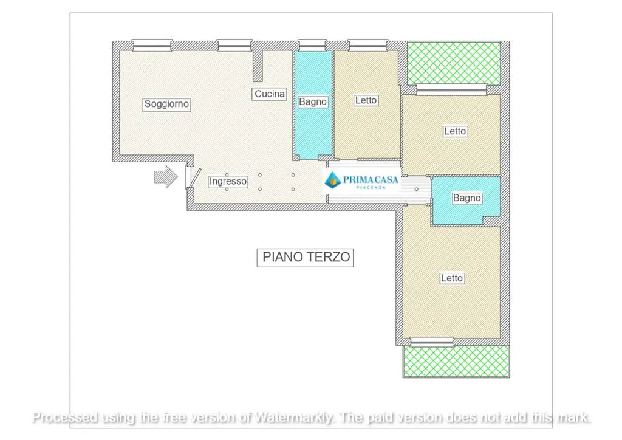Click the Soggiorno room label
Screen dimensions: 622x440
[166, 105]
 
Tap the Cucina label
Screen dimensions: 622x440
[269, 94]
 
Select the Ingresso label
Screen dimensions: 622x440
[228, 181]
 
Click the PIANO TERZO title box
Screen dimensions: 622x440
[305, 258]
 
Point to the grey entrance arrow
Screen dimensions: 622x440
[165, 177]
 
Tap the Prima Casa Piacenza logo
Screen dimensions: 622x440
[361, 181]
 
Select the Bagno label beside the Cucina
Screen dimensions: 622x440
[313, 102]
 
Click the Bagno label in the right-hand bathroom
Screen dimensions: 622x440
[467, 198]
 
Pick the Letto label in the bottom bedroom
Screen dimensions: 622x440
[452, 278]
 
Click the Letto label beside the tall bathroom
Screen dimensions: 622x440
[366, 100]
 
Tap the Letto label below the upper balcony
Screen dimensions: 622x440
[455, 131]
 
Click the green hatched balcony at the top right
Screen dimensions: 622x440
[454, 63]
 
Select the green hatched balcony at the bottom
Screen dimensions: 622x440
[456, 360]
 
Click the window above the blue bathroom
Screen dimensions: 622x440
[312, 45]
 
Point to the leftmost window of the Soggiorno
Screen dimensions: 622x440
[152, 45]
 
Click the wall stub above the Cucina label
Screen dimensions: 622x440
[258, 66]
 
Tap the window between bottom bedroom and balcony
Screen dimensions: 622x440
[432, 342]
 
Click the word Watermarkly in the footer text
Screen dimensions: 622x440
[293, 418]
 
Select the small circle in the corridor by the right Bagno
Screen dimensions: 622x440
[417, 189]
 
